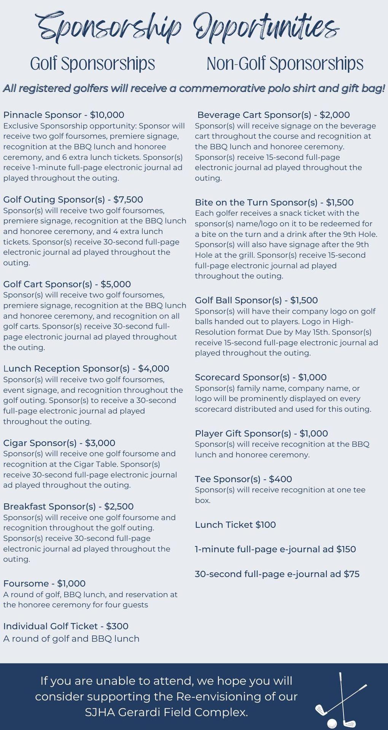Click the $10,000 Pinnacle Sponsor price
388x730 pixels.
tap(107, 115)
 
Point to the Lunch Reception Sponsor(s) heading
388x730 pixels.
tap(67, 368)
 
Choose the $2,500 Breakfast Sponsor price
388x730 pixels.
tap(119, 506)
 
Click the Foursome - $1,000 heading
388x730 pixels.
tap(44, 583)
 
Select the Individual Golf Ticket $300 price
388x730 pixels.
tap(117, 626)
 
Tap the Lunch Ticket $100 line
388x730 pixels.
tap(235, 525)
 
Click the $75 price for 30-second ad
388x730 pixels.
tap(351, 574)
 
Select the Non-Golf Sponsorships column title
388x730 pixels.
tap(285, 64)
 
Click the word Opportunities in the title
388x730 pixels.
tap(266, 27)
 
